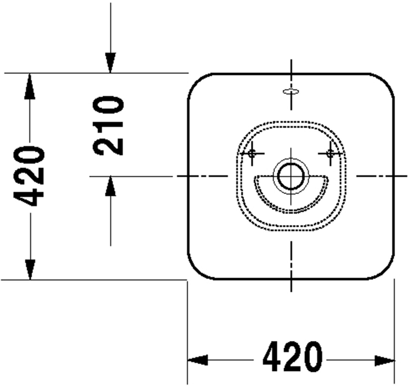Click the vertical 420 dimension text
point(29,176)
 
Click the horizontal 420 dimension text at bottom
point(292,356)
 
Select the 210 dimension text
point(108,126)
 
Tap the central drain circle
point(291,176)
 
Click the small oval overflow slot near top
point(291,91)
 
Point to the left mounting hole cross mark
point(252,154)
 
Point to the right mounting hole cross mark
point(330,154)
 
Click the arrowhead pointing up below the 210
point(110,186)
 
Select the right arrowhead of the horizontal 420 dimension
point(384,361)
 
